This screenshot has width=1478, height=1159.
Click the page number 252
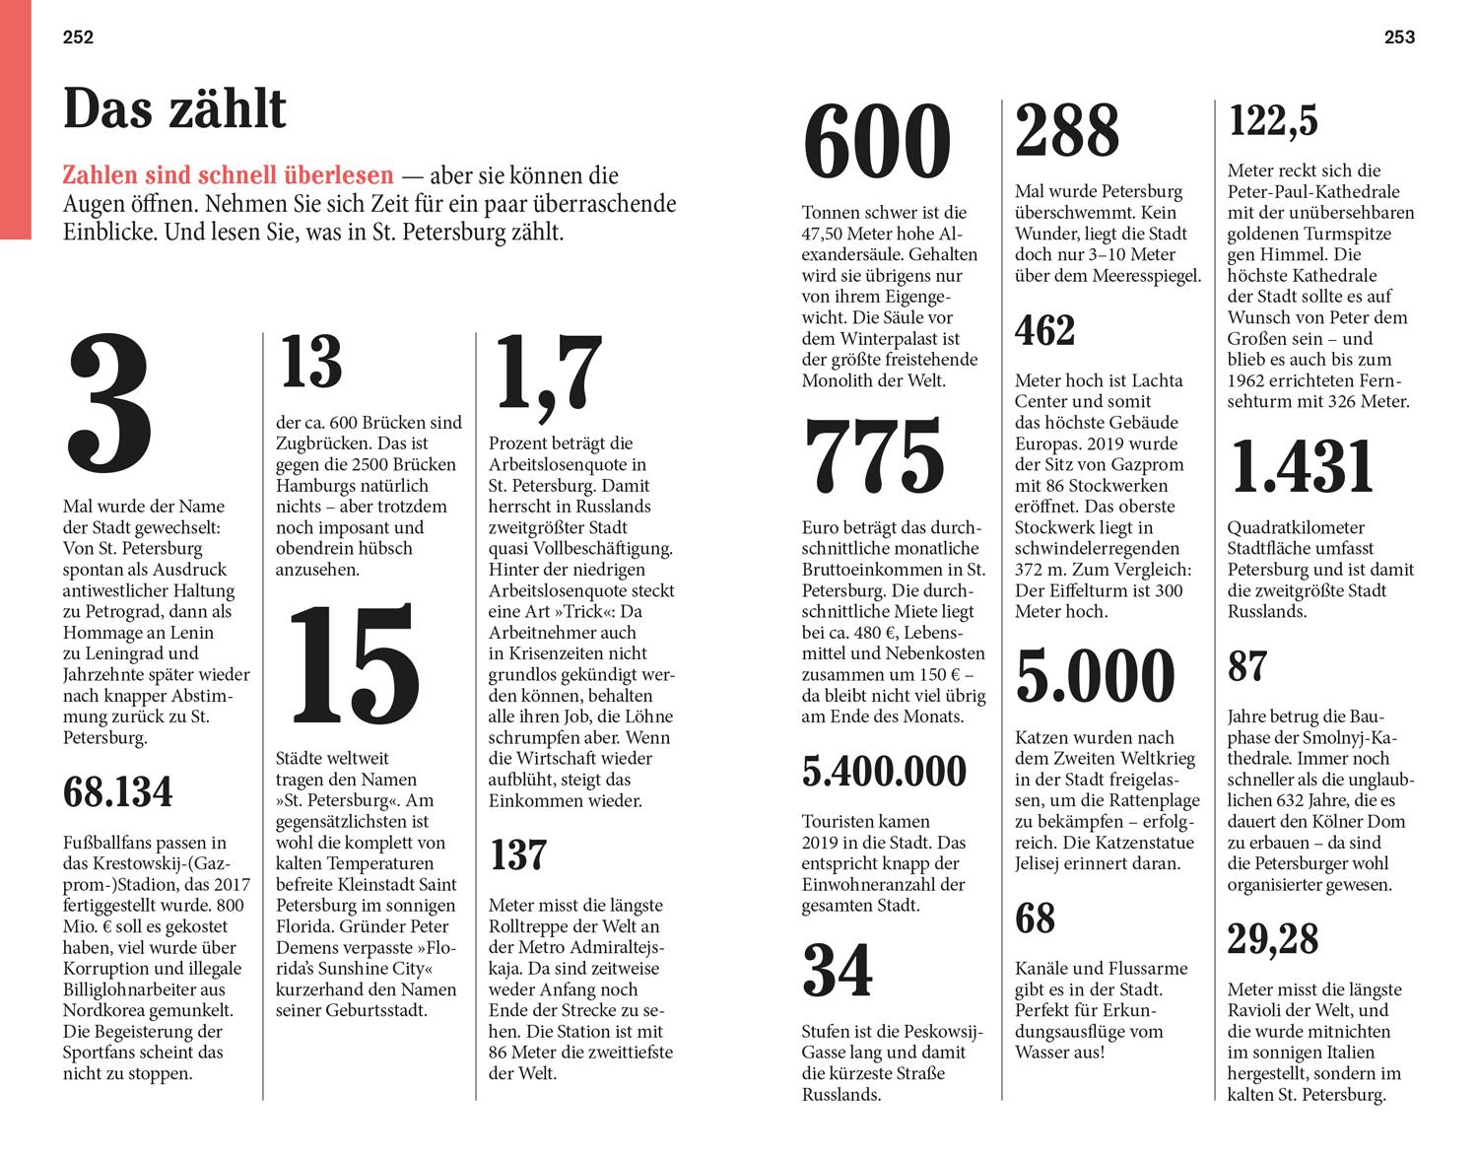[x=78, y=37]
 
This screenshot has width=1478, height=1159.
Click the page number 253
[x=1399, y=37]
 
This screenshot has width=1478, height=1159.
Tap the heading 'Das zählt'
[x=174, y=108]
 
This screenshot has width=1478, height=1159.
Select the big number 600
[x=878, y=144]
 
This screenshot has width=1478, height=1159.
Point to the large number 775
[x=875, y=456]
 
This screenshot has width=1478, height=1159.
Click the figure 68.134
[x=118, y=792]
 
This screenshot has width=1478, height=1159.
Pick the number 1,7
[x=547, y=375]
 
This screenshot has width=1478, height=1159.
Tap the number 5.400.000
[x=884, y=772]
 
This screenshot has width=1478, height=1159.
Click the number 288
[x=1067, y=131]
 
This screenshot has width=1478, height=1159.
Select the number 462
[x=1044, y=331]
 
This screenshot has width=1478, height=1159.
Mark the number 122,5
[x=1273, y=122]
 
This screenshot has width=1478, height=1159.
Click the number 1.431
[x=1302, y=466]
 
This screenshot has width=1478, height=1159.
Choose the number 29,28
[x=1272, y=939]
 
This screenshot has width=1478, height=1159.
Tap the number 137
[x=517, y=855]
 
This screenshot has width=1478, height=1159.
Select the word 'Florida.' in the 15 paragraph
[x=310, y=926]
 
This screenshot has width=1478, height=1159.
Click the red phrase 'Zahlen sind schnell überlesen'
[x=228, y=176]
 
